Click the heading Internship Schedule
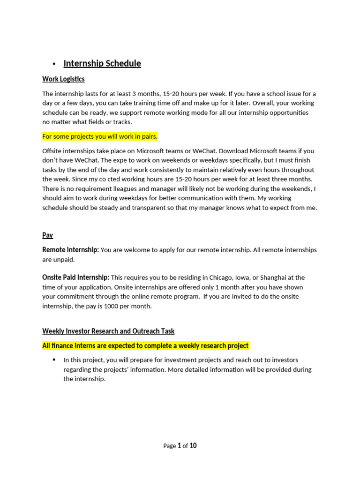pos(102,63)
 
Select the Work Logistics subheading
pos(63,79)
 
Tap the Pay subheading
pos(47,235)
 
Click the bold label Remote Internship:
pos(70,250)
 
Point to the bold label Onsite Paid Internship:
pos(75,277)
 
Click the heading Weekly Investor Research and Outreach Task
pos(108,331)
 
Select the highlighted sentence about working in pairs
pos(100,136)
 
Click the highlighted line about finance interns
pos(145,346)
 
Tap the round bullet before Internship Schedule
pos(54,64)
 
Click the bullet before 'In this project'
pos(54,360)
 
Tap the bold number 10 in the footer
pos(193,446)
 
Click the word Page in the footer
pos(169,446)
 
